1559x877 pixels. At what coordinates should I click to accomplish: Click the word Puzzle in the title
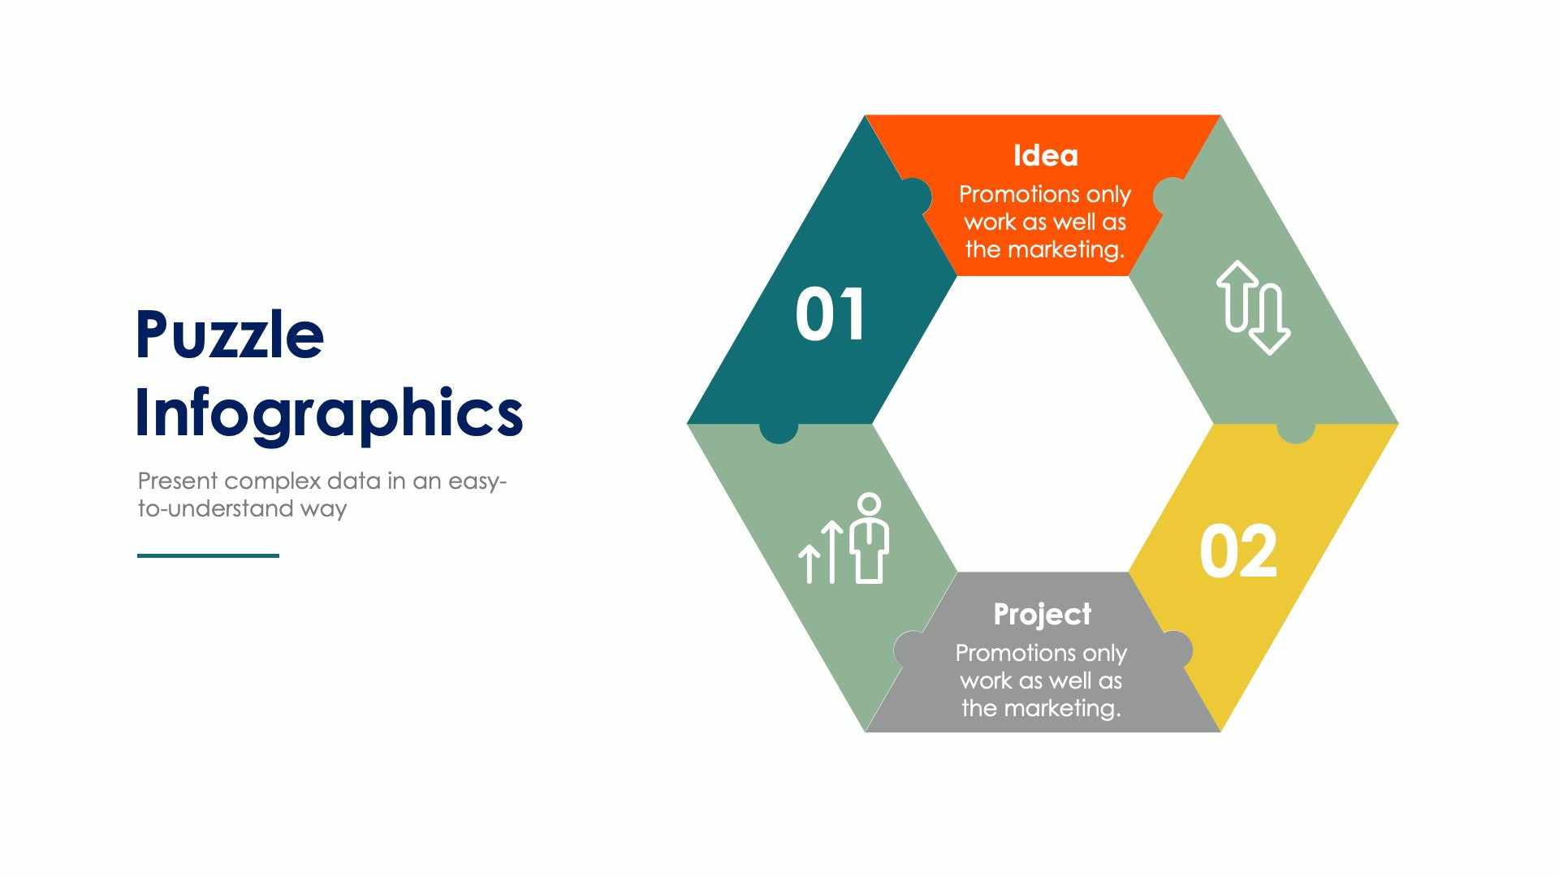pos(230,335)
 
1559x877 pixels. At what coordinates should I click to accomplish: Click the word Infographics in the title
pos(328,413)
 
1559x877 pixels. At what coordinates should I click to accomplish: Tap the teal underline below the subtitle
pos(208,555)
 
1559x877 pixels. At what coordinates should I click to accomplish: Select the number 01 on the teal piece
pos(830,315)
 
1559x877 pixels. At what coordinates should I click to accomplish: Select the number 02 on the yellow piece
pos(1238,551)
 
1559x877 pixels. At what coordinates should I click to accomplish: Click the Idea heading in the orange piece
pos(1045,155)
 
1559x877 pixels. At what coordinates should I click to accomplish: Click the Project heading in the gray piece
pos(1042,614)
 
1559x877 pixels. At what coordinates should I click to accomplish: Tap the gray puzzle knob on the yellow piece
pos(1176,649)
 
